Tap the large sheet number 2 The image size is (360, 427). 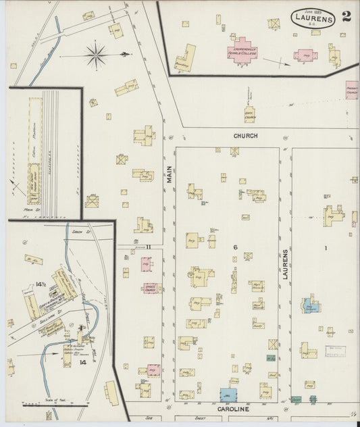point(346,16)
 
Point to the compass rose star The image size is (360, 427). point(95,53)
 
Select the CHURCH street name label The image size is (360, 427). point(246,136)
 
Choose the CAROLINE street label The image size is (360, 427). point(234,409)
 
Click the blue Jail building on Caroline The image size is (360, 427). point(227,395)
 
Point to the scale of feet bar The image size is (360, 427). point(46,405)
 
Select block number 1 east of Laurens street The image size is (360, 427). point(326,248)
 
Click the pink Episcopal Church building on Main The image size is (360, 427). point(151,288)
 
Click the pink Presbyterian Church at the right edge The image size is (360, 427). point(352,91)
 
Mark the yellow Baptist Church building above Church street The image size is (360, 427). point(249,114)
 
